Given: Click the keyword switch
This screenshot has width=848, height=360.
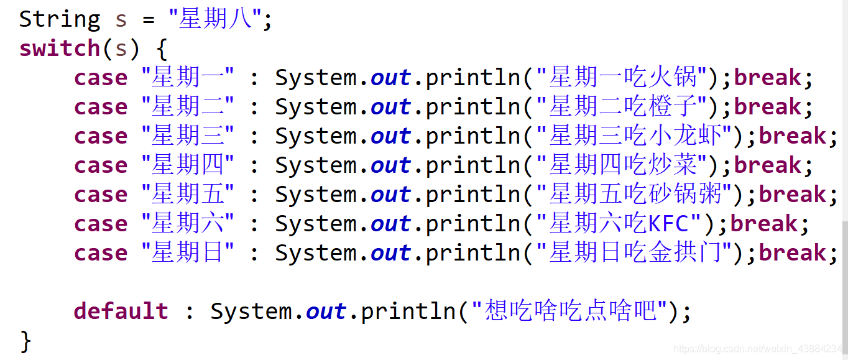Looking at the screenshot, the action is [x=60, y=48].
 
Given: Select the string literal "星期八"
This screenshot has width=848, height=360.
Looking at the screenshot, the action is [x=215, y=18].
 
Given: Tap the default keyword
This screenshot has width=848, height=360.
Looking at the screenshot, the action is [x=121, y=311].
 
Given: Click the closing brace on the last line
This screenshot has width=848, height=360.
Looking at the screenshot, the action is [x=25, y=341].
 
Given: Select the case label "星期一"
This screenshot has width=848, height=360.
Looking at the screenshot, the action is [x=188, y=77].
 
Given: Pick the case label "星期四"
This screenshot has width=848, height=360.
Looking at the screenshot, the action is [x=188, y=165].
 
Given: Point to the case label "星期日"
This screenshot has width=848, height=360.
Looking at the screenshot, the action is [x=188, y=253].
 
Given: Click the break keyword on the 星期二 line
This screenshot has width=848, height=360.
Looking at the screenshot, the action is [x=768, y=107].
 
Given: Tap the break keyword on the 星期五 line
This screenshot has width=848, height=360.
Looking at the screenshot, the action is [x=792, y=195].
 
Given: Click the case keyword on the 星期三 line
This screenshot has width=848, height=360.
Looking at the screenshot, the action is [x=101, y=136].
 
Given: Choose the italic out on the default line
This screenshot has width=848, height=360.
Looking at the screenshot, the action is [x=326, y=312].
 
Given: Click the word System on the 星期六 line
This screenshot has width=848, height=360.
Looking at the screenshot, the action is [x=316, y=224].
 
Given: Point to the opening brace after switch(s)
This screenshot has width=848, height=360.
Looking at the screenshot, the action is [x=162, y=48].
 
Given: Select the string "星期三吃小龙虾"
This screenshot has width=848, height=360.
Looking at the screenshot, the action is [x=635, y=136].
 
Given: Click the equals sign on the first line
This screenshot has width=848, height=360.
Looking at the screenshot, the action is [x=149, y=20].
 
